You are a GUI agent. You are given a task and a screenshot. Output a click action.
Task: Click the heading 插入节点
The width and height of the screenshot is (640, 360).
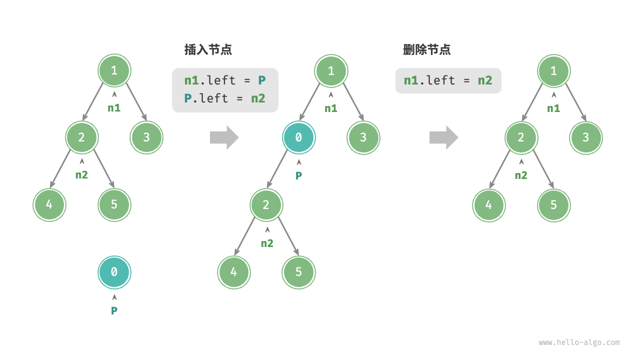tap(208, 49)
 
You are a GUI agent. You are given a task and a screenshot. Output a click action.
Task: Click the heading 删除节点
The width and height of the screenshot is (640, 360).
tap(426, 49)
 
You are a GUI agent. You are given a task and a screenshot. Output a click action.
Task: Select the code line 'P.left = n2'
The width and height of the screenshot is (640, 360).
tap(224, 98)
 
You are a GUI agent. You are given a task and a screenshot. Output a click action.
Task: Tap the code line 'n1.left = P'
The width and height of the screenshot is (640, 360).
tap(224, 80)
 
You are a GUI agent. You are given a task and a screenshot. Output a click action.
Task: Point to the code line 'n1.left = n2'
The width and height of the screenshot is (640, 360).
tap(448, 80)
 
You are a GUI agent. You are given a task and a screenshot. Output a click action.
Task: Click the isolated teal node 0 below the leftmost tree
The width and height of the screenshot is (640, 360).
tap(114, 272)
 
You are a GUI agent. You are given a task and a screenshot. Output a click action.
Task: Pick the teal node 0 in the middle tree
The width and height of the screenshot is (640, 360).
tap(298, 137)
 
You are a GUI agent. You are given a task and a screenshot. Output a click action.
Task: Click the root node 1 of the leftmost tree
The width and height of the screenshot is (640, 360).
tap(114, 70)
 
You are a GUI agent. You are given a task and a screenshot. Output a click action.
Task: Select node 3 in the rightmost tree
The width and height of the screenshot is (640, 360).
tap(585, 137)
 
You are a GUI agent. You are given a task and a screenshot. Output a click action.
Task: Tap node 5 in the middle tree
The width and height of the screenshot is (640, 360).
tap(298, 272)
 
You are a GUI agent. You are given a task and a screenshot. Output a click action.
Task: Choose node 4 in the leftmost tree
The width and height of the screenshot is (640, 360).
tap(49, 204)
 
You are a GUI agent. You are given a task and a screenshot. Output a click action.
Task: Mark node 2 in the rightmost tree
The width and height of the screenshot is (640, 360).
tap(521, 137)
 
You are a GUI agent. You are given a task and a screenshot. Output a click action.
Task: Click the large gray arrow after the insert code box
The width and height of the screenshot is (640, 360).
tap(224, 137)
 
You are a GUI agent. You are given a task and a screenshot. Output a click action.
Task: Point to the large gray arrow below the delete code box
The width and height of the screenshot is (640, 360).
tap(443, 137)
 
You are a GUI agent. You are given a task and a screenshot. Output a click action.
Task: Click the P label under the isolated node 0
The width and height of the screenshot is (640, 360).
tap(114, 310)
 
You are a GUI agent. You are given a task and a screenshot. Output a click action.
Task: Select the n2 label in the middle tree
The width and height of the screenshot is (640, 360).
tap(267, 243)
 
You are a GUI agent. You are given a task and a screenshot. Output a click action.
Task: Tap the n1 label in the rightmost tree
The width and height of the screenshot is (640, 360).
tap(553, 108)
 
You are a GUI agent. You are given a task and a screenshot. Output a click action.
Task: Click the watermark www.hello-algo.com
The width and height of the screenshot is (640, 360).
tap(579, 342)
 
